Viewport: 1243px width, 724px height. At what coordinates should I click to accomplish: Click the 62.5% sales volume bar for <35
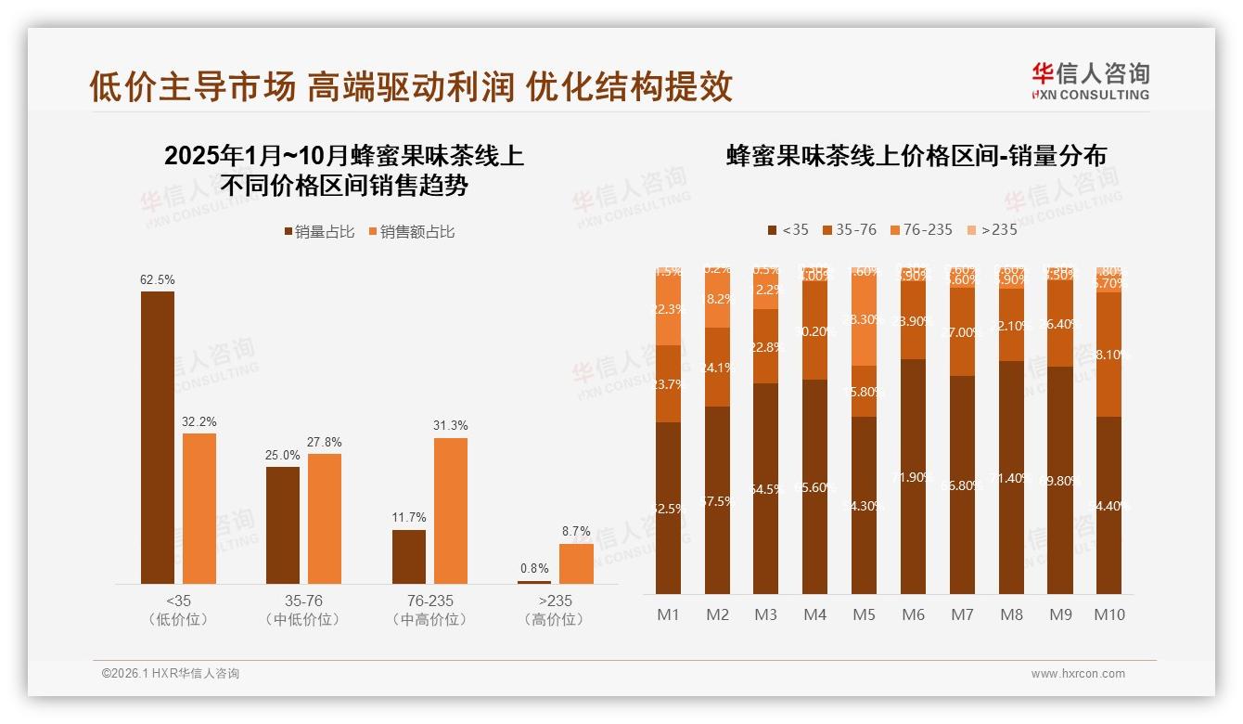click(158, 437)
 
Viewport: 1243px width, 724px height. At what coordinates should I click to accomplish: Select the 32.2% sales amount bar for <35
click(199, 509)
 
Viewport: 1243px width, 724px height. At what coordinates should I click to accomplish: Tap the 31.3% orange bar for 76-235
click(451, 511)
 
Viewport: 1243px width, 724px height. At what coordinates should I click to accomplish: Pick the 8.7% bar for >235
click(576, 563)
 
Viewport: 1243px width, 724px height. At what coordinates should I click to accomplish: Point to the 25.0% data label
click(283, 456)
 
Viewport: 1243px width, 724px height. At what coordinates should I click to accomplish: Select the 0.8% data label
click(534, 569)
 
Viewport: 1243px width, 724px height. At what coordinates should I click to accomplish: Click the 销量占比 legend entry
click(319, 232)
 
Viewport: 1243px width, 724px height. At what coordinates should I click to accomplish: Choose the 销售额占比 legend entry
click(412, 232)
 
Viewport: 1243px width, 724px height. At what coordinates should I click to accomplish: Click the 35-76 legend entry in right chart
click(849, 229)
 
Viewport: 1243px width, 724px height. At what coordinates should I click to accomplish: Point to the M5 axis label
click(865, 614)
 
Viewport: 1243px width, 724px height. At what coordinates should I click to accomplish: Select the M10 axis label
click(1109, 614)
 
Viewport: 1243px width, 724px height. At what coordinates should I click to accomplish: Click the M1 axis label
click(669, 614)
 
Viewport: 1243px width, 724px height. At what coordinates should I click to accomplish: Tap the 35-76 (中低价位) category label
click(303, 610)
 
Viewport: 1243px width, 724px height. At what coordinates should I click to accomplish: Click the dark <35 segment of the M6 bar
click(914, 477)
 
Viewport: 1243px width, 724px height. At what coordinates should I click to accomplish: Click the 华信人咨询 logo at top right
click(1090, 81)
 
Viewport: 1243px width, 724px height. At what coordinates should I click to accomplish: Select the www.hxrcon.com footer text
click(1078, 674)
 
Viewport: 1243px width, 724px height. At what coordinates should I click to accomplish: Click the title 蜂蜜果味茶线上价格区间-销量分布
click(916, 156)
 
